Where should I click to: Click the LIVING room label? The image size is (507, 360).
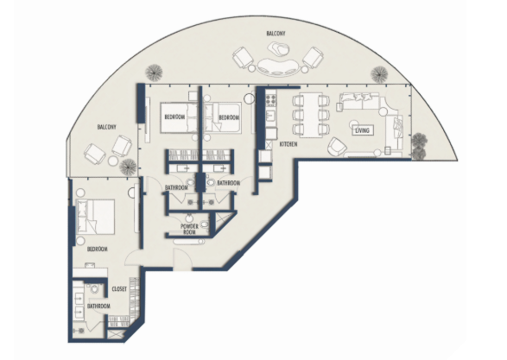point(362,130)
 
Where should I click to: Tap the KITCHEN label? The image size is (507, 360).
point(288,144)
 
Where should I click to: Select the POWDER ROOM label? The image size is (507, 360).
point(189,229)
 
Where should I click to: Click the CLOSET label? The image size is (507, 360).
point(119,289)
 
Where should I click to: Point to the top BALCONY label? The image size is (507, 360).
point(276,34)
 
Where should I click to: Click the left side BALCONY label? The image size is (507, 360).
point(107,127)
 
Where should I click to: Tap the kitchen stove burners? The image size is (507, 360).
point(271,98)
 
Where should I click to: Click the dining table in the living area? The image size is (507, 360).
point(311,115)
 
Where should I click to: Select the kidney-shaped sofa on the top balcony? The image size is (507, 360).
point(278,67)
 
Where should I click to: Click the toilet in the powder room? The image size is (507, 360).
point(204,224)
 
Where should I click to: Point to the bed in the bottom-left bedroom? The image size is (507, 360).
point(95,216)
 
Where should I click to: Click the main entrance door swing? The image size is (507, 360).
point(182,259)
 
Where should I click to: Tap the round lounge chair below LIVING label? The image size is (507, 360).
point(337,146)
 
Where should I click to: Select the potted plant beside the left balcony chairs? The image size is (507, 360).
point(127,166)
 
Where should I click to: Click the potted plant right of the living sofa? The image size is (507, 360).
point(420,147)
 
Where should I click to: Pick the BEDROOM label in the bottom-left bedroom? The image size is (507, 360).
point(98,249)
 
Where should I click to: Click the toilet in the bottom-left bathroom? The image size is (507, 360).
point(94,288)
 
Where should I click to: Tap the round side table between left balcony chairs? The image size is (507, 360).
point(112,161)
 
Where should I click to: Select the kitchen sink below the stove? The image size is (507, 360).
point(270,115)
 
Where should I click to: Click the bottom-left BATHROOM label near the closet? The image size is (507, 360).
point(98,306)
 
